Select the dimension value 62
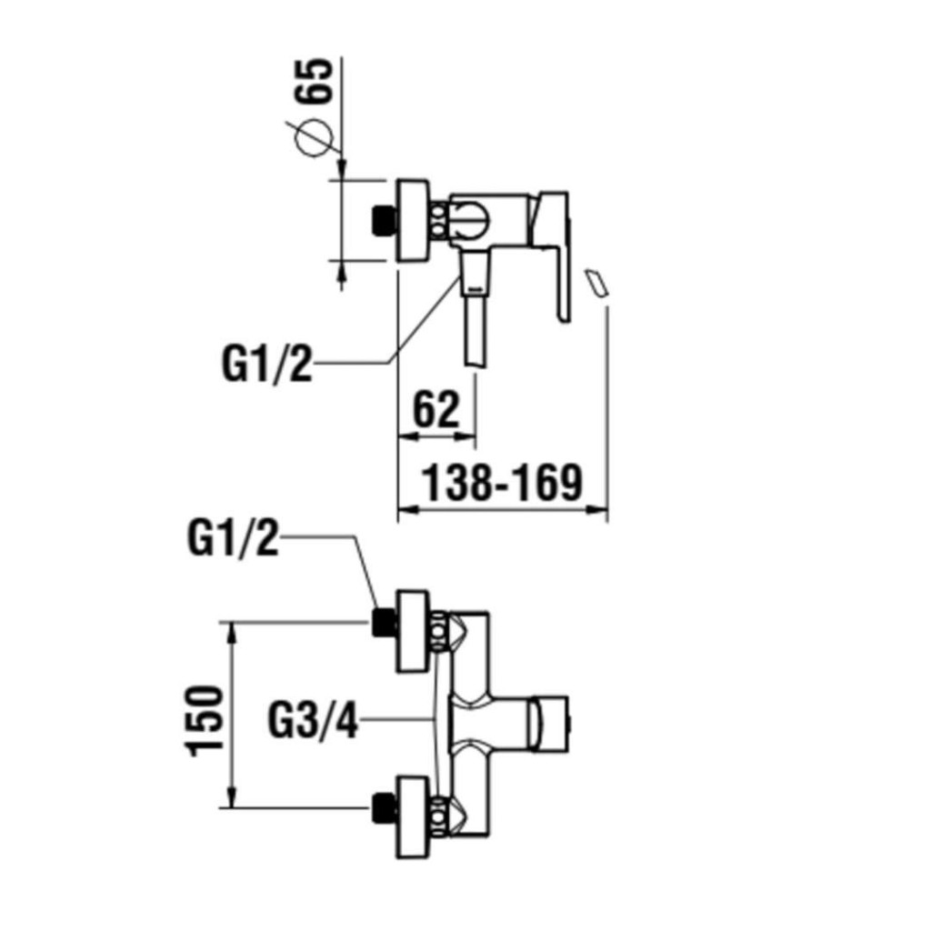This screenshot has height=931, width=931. click(x=436, y=410)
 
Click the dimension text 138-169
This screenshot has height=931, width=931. click(x=502, y=483)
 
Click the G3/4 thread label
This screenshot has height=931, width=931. click(x=313, y=720)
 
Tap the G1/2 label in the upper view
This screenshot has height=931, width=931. click(x=266, y=365)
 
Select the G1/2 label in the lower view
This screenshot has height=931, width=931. click(x=233, y=538)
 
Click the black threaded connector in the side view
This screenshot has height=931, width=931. click(x=384, y=220)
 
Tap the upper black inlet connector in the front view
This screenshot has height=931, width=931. click(x=385, y=623)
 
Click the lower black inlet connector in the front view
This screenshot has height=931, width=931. click(x=385, y=808)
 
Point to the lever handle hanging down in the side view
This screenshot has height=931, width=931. click(x=556, y=256)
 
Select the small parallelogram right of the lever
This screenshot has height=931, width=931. click(x=597, y=283)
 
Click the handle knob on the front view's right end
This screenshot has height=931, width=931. click(x=550, y=723)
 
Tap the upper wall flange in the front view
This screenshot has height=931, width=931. click(x=412, y=631)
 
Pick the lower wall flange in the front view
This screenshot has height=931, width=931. click(x=412, y=816)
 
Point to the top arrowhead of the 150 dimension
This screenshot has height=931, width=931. click(x=232, y=632)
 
